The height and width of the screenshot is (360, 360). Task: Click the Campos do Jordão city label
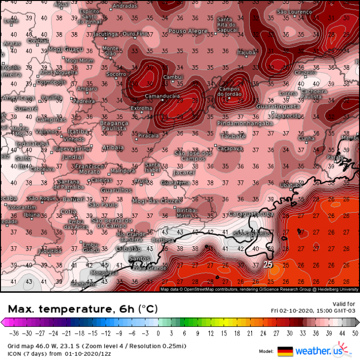coord(232,91)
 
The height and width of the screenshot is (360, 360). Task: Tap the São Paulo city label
coord(103,204)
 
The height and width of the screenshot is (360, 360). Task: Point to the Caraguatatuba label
coord(252,214)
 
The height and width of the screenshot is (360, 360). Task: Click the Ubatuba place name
coord(291,185)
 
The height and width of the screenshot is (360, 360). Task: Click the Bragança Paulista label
coord(114,126)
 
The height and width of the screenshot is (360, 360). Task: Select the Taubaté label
coord(233,136)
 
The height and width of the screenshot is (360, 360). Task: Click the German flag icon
coord(285,351)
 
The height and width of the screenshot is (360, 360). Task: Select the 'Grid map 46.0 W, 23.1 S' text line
coord(40,346)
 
